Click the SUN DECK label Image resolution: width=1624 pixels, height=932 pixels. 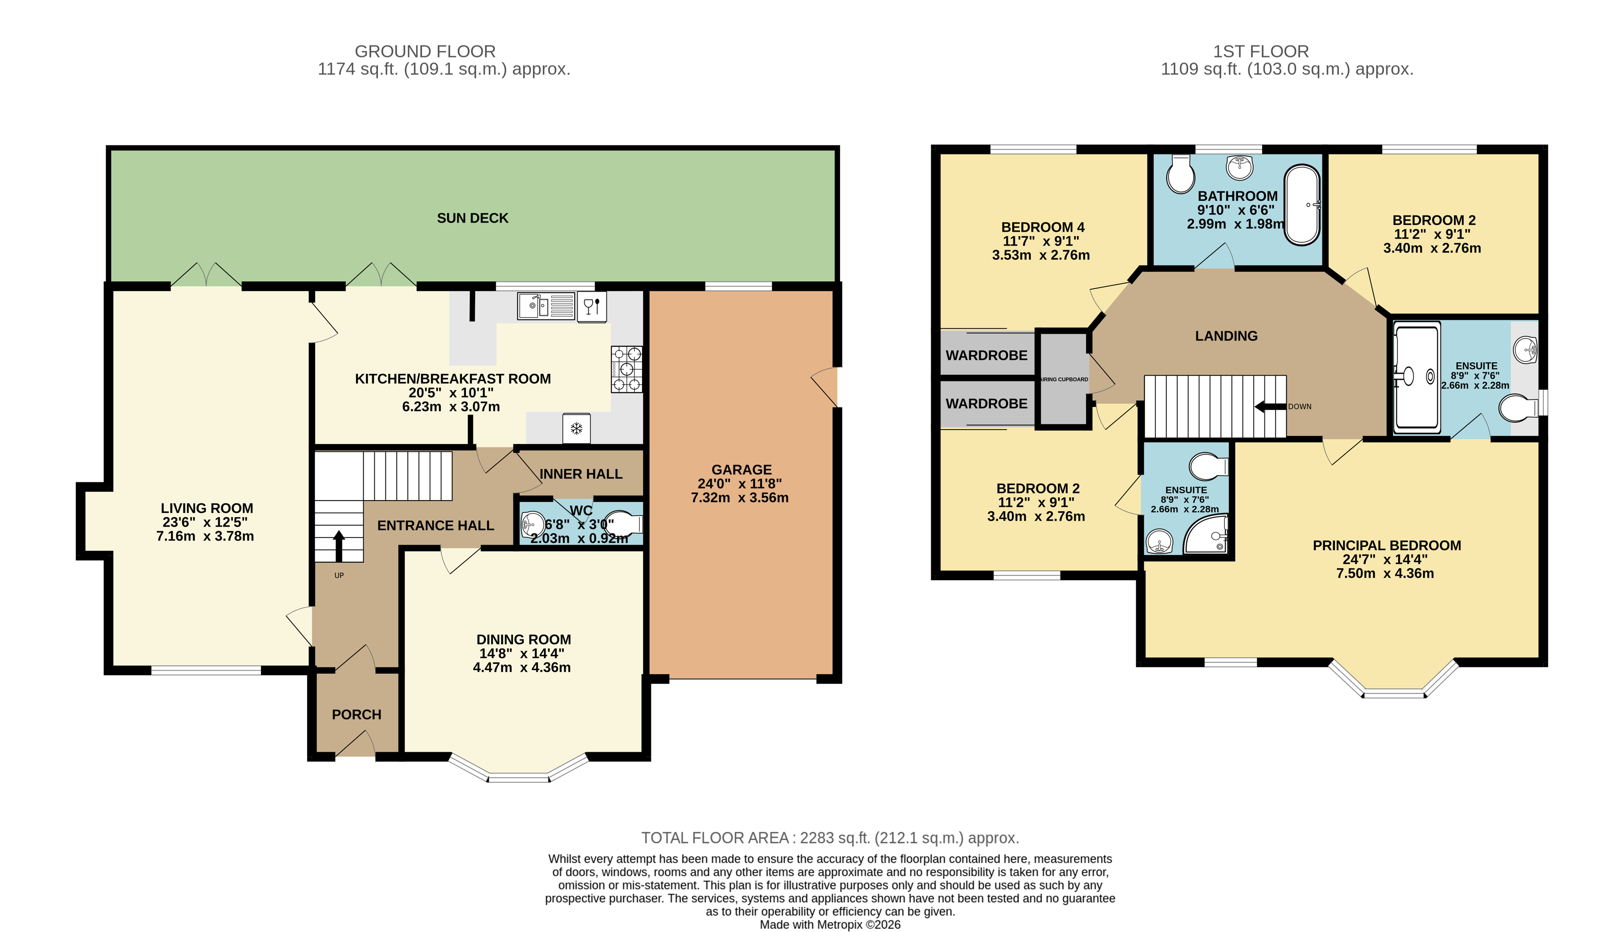tap(472, 218)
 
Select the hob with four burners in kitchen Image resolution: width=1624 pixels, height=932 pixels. tap(626, 369)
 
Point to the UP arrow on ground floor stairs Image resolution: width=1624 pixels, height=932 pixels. tap(339, 545)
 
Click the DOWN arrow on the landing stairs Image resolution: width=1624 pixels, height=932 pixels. tap(1270, 406)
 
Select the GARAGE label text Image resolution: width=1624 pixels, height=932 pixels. tap(741, 470)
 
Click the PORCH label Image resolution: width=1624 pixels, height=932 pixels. tap(356, 714)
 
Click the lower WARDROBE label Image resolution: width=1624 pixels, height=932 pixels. tap(986, 404)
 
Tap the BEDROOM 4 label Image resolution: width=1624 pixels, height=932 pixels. tap(1042, 227)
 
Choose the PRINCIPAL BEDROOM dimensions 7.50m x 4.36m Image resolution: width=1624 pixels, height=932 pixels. tap(1384, 574)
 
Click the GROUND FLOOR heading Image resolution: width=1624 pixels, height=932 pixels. tap(425, 51)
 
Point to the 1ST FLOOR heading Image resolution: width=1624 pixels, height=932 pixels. tap(1260, 51)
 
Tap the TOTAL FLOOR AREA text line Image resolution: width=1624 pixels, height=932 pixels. tap(829, 838)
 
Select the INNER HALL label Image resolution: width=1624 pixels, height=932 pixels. tap(580, 474)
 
